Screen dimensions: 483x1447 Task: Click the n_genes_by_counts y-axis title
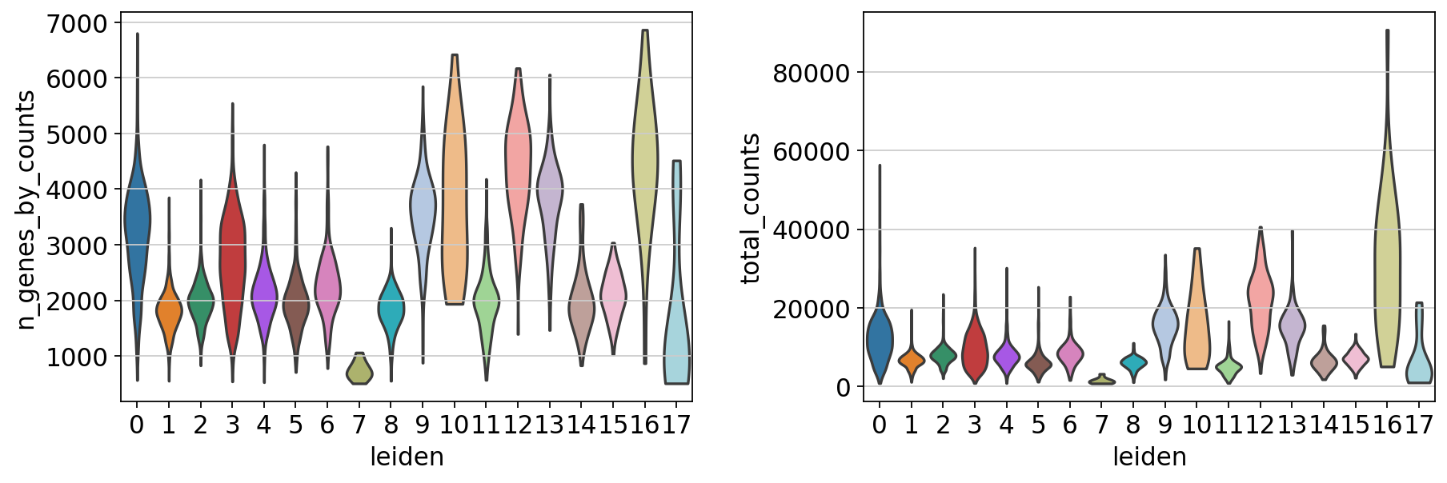point(26,210)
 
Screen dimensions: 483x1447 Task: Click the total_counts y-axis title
point(750,210)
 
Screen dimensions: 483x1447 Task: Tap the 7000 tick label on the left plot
point(78,23)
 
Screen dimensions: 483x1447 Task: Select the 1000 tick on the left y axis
point(78,357)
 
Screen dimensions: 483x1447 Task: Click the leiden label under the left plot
point(407,457)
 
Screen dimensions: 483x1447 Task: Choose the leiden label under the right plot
point(1149,457)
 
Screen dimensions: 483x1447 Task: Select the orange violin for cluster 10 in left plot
point(454,200)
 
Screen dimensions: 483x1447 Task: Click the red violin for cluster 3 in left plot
point(232,256)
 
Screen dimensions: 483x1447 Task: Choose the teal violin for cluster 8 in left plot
point(391,308)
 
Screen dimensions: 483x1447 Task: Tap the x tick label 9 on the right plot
point(1164,424)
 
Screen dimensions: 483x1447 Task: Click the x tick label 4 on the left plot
point(263,424)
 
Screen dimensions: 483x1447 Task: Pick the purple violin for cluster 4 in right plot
point(1006,357)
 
